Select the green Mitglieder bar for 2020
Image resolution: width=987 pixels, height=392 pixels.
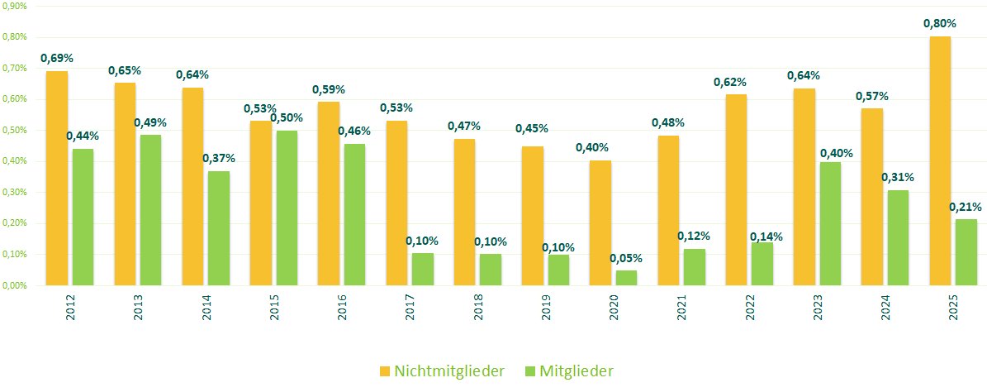click(627, 278)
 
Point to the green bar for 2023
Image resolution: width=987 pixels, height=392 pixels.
click(830, 224)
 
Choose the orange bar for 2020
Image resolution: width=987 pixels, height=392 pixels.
click(600, 223)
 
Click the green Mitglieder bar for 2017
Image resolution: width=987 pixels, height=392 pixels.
click(423, 270)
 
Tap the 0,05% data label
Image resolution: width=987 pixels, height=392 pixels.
click(626, 258)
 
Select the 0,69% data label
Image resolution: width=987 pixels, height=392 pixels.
click(57, 59)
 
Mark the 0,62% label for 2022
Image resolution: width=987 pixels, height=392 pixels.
click(730, 82)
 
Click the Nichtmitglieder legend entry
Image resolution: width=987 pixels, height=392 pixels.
click(442, 371)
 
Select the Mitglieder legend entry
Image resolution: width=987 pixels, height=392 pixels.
click(569, 371)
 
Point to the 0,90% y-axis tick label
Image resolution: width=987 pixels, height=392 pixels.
click(16, 6)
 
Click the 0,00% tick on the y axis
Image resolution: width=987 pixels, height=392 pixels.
click(16, 285)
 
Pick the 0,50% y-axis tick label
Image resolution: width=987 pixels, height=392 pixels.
click(16, 130)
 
